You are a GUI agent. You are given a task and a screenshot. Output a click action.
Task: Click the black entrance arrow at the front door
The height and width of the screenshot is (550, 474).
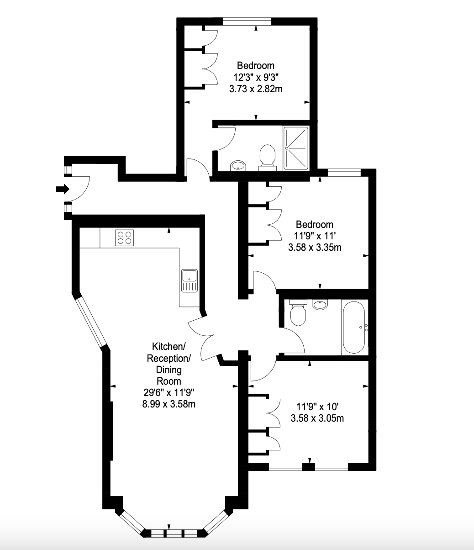(x=63, y=189)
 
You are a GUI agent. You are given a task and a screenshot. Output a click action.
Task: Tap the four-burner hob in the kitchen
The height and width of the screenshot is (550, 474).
(x=125, y=238)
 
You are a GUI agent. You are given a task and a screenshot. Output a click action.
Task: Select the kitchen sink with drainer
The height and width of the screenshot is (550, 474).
(x=190, y=280)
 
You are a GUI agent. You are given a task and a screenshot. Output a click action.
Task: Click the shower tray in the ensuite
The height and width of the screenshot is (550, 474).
(x=296, y=148)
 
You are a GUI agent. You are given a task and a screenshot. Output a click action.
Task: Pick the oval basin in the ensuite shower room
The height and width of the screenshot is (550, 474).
(x=238, y=165)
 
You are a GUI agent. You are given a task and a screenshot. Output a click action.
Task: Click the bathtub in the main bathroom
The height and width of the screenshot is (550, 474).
(x=354, y=327)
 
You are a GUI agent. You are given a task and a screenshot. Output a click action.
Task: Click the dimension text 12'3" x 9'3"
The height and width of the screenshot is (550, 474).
(x=256, y=78)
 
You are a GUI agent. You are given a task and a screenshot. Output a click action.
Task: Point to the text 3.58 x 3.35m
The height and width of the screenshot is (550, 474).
(x=315, y=248)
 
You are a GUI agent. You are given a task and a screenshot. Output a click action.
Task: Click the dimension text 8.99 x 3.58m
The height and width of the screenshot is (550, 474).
(x=169, y=404)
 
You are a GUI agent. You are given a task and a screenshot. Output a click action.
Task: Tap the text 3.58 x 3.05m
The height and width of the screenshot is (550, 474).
(x=317, y=418)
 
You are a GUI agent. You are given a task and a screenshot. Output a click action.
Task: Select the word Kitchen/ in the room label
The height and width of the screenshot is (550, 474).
(x=169, y=346)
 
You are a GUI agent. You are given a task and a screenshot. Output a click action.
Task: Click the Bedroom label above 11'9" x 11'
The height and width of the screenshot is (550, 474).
(x=315, y=224)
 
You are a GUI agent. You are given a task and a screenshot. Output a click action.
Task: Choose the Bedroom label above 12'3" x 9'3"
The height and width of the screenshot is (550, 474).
(x=256, y=65)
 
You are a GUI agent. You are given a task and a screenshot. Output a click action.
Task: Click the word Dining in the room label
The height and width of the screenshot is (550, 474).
(x=169, y=370)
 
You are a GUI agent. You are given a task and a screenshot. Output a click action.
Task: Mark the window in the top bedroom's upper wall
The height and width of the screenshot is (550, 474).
(x=247, y=21)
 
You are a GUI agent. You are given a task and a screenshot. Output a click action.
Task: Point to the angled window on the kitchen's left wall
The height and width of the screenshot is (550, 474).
(x=90, y=322)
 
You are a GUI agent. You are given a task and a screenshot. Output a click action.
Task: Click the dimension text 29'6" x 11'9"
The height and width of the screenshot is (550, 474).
(x=169, y=392)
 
